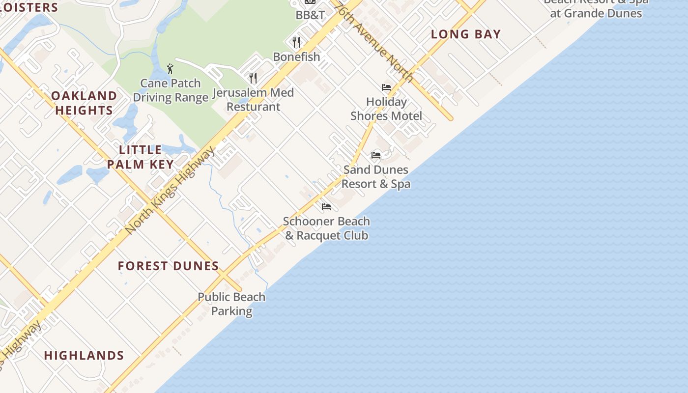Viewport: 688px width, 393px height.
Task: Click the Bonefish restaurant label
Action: pos(296,57)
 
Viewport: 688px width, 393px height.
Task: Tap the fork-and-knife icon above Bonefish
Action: pos(296,42)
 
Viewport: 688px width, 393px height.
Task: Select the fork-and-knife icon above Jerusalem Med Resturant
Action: pos(253,78)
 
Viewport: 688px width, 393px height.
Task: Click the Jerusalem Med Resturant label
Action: pos(253,100)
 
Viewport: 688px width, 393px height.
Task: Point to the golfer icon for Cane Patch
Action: pos(170,69)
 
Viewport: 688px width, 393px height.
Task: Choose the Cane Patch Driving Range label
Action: pos(171,90)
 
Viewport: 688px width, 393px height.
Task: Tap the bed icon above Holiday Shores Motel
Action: pos(386,87)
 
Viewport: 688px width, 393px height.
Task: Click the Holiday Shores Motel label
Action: pos(386,109)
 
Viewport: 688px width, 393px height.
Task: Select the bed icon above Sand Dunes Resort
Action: pos(376,155)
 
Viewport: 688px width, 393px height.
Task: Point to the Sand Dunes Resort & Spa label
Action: pos(376,177)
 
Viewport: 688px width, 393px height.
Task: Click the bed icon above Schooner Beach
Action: pos(326,207)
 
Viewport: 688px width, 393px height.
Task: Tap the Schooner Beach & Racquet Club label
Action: pos(326,228)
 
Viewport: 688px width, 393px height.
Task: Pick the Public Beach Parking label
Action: pos(231,304)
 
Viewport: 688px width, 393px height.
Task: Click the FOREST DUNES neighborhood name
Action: pos(168,266)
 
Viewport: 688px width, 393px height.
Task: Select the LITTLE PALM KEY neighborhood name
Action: pos(141,157)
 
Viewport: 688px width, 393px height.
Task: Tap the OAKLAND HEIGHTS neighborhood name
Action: pos(84,103)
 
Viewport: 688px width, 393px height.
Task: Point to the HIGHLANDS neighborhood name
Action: pos(84,356)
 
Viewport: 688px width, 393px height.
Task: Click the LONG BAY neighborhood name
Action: pos(466,34)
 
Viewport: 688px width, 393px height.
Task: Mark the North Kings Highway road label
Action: pos(170,190)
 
